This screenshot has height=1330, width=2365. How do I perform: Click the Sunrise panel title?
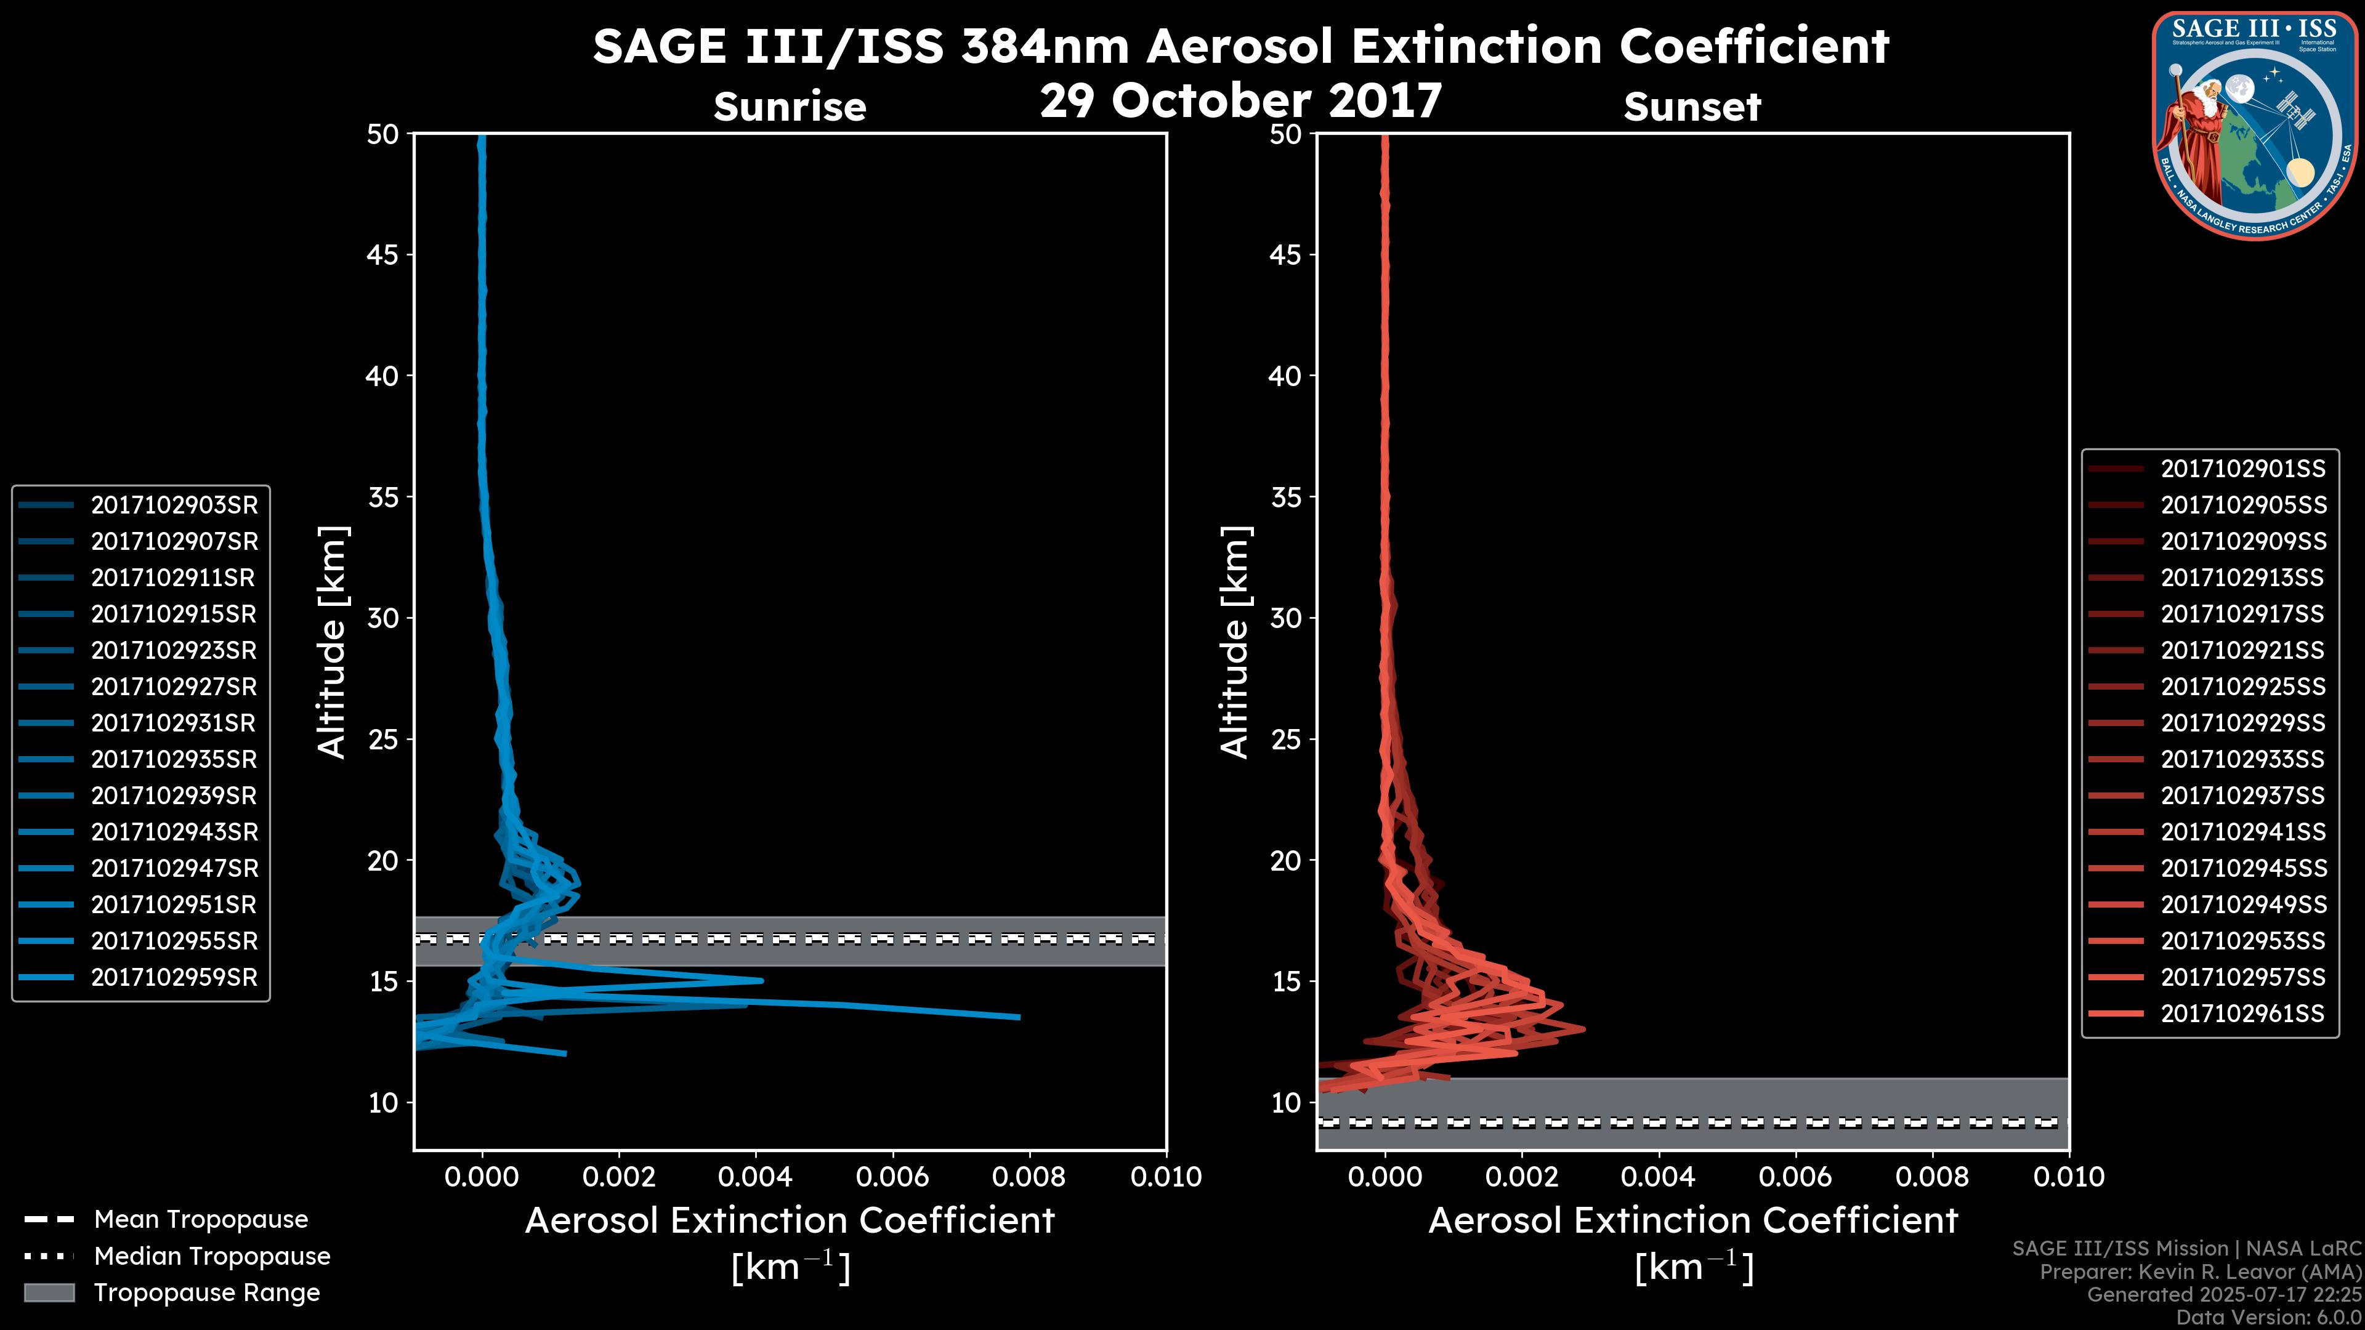(790, 107)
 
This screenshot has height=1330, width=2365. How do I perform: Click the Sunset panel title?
(1692, 107)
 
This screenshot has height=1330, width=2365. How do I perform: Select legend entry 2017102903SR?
(174, 505)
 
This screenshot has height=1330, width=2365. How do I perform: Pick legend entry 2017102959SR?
(174, 978)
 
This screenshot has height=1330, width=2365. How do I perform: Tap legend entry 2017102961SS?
(2242, 1014)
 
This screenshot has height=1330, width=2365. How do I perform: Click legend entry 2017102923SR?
(174, 651)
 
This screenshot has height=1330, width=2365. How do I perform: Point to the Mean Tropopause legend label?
(201, 1219)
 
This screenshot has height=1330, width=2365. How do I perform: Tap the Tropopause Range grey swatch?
(49, 1292)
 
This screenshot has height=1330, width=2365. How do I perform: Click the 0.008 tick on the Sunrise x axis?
(1029, 1177)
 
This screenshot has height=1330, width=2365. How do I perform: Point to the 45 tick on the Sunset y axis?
(1285, 254)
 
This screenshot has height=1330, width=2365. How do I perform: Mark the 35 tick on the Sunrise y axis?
(383, 498)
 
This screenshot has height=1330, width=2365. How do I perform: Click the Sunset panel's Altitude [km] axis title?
(1235, 642)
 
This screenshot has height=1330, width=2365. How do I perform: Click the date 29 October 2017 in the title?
(1240, 100)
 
